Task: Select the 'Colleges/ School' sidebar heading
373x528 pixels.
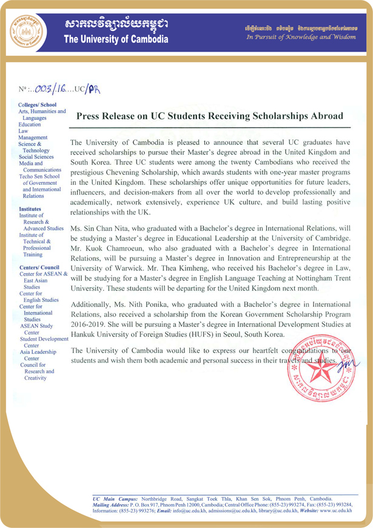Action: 38,104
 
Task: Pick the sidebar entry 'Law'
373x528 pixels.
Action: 23,131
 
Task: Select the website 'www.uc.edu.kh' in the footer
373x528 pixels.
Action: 337,519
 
